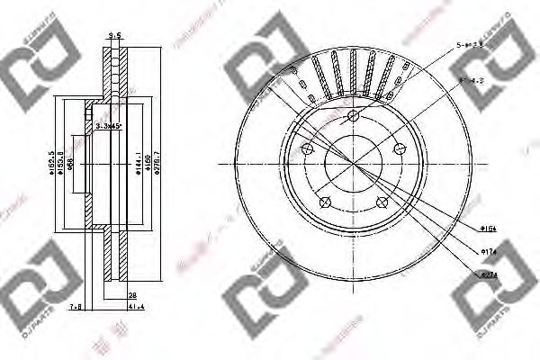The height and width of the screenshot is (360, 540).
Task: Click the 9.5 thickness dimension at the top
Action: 113,36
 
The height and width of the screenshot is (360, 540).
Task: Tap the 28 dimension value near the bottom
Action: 132,295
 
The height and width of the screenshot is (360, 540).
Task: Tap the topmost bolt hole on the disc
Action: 353,116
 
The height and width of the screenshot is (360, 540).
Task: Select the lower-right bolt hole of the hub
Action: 382,201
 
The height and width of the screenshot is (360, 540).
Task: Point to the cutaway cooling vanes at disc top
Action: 351,76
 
